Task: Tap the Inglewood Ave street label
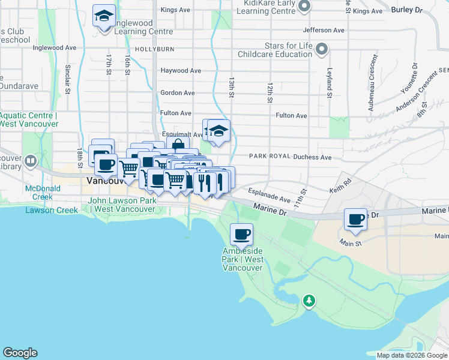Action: pos(55,47)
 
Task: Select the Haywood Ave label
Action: pos(181,70)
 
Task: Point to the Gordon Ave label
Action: pos(177,93)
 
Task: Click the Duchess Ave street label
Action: pos(312,157)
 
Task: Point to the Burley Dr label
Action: pos(406,10)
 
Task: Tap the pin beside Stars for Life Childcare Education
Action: pos(322,49)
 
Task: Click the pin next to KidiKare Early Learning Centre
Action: pos(304,7)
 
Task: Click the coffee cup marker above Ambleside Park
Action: pos(241,234)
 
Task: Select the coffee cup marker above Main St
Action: pos(356,219)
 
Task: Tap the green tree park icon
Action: pos(309,299)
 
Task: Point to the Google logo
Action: pos(20,353)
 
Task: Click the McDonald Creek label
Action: pos(38,192)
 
